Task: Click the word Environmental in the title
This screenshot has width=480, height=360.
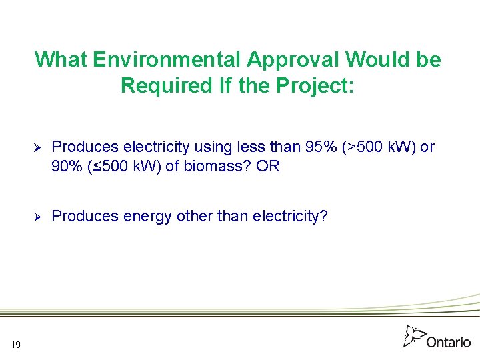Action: [x=167, y=60]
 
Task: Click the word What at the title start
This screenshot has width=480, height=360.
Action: [x=61, y=60]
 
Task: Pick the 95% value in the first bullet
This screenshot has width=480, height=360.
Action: [x=320, y=147]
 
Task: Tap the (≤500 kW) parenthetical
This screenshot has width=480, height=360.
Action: [x=125, y=166]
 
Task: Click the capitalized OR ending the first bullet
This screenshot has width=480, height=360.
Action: [x=267, y=166]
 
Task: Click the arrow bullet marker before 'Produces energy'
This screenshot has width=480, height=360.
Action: [x=38, y=217]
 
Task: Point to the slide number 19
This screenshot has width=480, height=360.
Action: [x=16, y=344]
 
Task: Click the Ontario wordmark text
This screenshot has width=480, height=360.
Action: [x=448, y=342]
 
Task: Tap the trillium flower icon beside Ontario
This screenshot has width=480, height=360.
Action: [x=414, y=335]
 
